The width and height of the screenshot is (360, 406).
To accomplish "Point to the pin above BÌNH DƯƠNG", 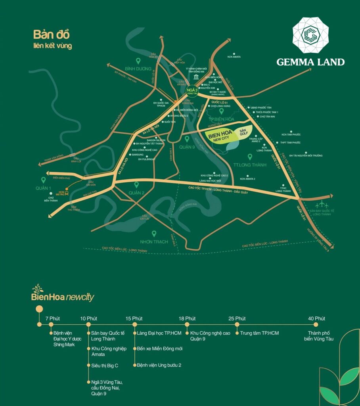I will click(x=138, y=61).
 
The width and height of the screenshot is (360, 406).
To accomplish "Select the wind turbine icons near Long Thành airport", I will click(x=322, y=205).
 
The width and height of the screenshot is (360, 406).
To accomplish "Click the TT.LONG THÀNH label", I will click(x=250, y=165).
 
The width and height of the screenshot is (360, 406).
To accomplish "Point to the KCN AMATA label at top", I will click(x=234, y=57).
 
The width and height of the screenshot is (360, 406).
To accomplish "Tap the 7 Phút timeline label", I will click(x=52, y=318).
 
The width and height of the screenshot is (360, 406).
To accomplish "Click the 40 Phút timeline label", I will click(x=317, y=318).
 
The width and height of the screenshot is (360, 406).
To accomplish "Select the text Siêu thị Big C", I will click(x=105, y=365).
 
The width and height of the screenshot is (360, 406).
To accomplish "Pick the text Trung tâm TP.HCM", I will click(x=259, y=333).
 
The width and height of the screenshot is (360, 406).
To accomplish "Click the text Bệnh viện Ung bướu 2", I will click(x=159, y=365).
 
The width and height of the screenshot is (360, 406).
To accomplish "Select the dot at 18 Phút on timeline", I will click(x=187, y=324).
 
